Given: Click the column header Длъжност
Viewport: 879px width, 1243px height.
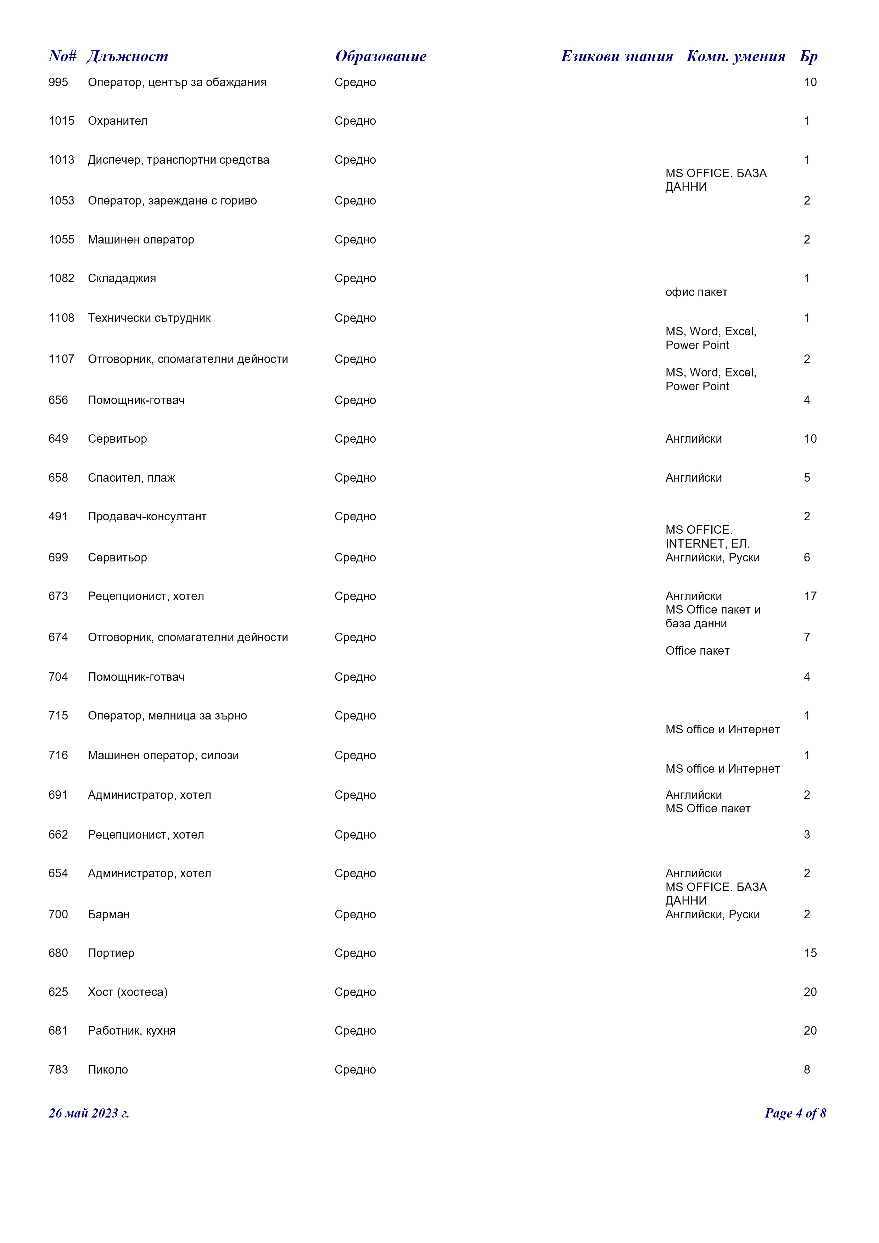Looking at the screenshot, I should pos(127,56).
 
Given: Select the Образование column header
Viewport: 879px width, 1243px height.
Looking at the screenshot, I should pos(381,56).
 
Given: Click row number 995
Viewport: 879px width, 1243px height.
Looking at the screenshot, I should pos(58,82).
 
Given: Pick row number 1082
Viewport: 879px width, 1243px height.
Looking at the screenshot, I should pos(61,278).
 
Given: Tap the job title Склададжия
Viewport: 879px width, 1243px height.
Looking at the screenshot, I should pos(122,278).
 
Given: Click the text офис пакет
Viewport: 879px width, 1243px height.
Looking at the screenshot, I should pos(696,292).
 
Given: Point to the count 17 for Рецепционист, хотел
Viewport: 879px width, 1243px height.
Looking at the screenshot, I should pos(810,596).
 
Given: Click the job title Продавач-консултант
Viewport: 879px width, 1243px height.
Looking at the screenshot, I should pos(147,516).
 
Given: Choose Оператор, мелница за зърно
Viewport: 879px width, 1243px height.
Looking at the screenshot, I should pos(167,716).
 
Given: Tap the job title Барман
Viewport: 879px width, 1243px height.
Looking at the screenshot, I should pos(109,914).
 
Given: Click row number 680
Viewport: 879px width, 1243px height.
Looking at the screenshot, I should pos(58,953).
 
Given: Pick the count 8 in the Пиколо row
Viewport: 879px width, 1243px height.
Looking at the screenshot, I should pos(806,1070).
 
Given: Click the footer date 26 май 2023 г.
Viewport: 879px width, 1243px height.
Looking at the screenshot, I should pos(89,1113).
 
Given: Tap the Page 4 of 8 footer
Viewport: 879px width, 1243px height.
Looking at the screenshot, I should pos(795,1113).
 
